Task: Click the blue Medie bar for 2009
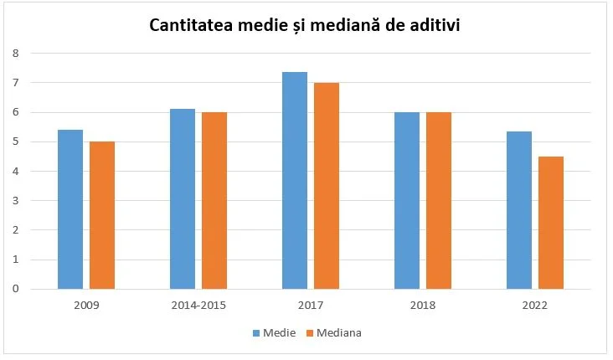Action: (x=70, y=209)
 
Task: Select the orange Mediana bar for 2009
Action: (x=102, y=215)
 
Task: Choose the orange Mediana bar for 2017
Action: (x=327, y=186)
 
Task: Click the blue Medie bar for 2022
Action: (x=519, y=210)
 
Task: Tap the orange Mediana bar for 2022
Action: (x=551, y=223)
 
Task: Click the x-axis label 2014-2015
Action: (x=198, y=306)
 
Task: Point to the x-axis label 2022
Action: (x=535, y=306)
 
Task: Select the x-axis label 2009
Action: (x=86, y=306)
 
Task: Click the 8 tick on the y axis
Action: (x=15, y=54)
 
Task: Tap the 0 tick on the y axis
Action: (x=15, y=289)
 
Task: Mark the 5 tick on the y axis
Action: (x=15, y=141)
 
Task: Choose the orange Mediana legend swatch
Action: (x=309, y=332)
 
